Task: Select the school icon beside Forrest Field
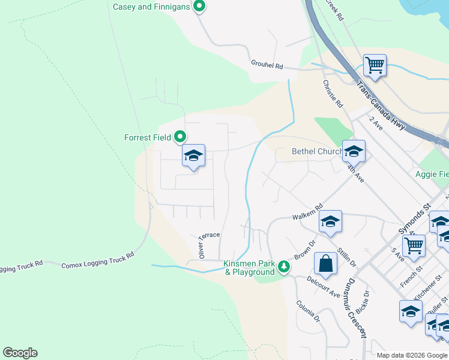coord(194,157)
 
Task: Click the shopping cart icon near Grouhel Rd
coord(375,65)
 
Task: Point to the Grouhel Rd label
coord(267,65)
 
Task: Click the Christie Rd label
coord(333,94)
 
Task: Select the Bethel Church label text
coord(316,152)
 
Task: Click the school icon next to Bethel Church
coord(354,152)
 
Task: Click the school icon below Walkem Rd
coord(330,223)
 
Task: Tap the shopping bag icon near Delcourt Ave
coord(325,264)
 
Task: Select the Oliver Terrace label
coord(209,242)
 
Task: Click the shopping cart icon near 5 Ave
coord(414,245)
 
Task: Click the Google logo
coord(20,353)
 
